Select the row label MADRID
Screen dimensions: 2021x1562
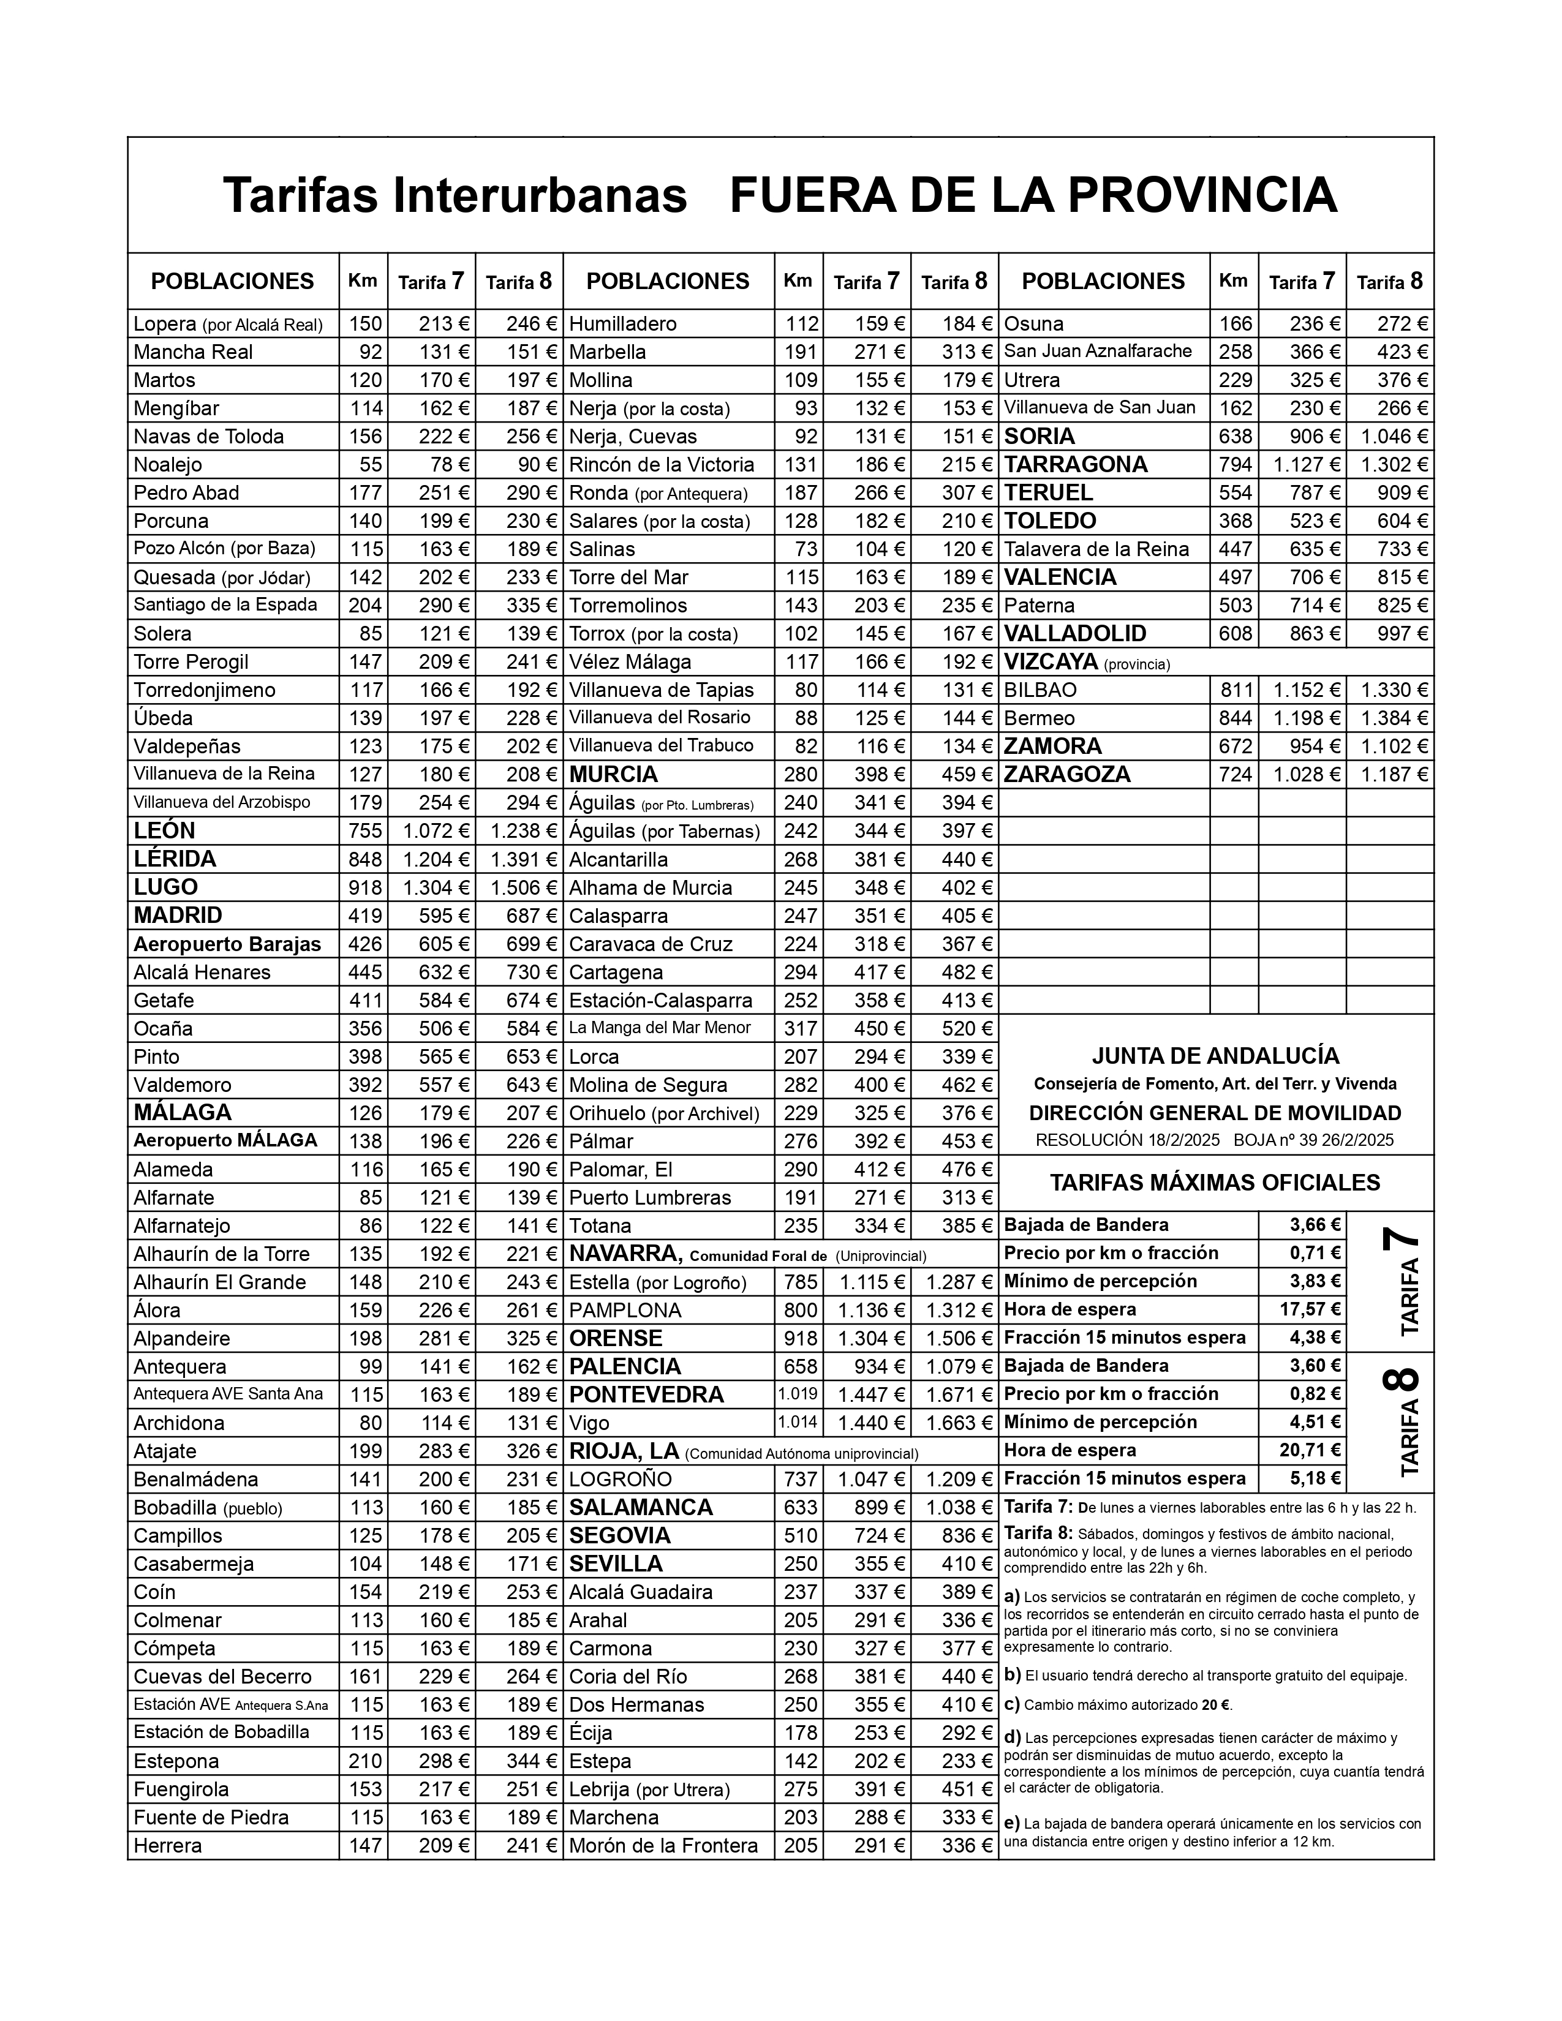(178, 915)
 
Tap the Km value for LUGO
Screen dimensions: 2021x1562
(364, 887)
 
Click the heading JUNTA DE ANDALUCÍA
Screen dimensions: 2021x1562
(1215, 1056)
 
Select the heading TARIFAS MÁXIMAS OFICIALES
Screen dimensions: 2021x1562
(1215, 1183)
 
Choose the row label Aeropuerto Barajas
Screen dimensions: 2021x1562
(227, 944)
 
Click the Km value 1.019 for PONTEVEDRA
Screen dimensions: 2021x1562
(798, 1394)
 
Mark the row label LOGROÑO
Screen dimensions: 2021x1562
(620, 1479)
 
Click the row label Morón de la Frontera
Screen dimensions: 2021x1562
(663, 1845)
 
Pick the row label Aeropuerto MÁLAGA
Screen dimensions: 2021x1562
(225, 1140)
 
